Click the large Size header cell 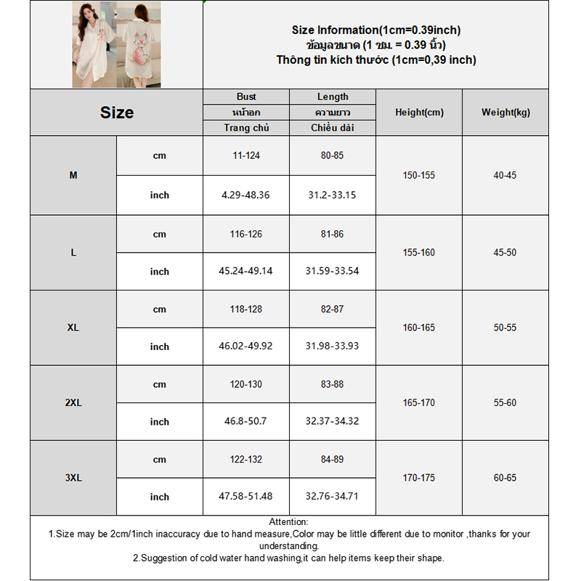117,113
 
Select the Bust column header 246,97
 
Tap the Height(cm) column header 419,113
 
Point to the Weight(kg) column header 505,113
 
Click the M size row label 73,176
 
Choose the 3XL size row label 73,478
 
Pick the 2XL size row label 73,403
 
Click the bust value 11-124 246,155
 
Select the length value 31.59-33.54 333,271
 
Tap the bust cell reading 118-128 246,309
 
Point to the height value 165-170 419,403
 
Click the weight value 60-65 505,478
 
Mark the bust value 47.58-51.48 246,496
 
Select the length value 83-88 333,384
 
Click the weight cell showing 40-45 505,176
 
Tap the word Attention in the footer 288,521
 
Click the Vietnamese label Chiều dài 333,128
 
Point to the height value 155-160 419,253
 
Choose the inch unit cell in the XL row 160,346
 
